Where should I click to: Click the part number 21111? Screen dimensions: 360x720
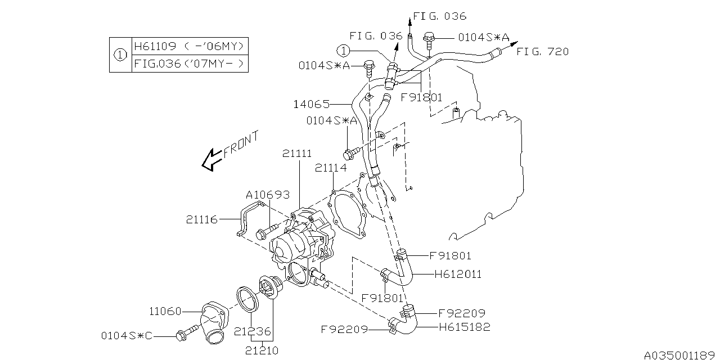pyautogui.click(x=298, y=154)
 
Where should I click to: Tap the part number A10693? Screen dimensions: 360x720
pyautogui.click(x=267, y=195)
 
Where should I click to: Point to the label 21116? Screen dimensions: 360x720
pyautogui.click(x=202, y=219)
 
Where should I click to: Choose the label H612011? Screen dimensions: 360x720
pyautogui.click(x=458, y=274)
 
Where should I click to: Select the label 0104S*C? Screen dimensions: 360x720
pyautogui.click(x=127, y=336)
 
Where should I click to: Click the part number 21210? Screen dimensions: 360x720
pyautogui.click(x=262, y=350)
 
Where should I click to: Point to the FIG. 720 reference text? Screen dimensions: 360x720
pyautogui.click(x=542, y=52)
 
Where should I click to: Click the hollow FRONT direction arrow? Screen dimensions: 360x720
pyautogui.click(x=211, y=160)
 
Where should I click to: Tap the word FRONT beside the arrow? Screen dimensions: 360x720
pyautogui.click(x=241, y=144)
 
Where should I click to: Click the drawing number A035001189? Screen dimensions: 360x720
pyautogui.click(x=679, y=354)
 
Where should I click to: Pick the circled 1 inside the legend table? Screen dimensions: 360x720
pyautogui.click(x=120, y=55)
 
